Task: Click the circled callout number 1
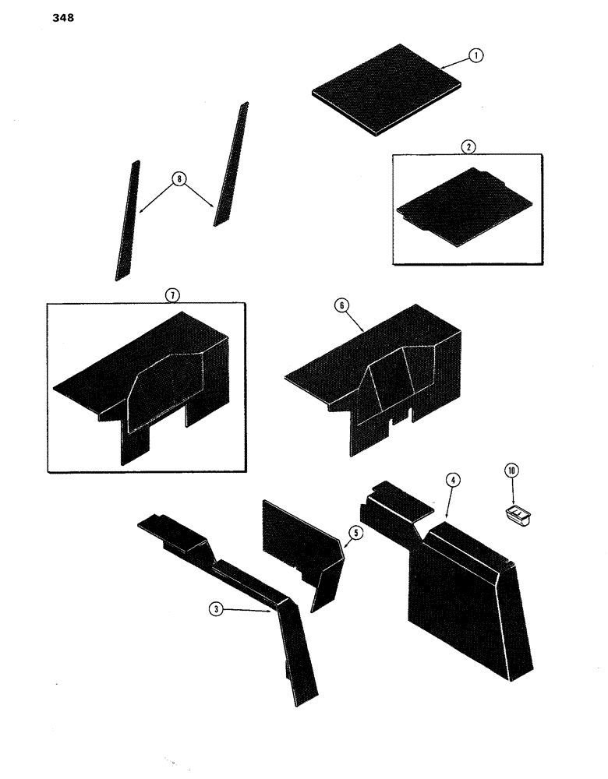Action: coord(476,56)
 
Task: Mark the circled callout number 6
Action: coord(340,308)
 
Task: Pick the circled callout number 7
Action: coord(172,294)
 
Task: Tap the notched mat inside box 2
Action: coord(461,205)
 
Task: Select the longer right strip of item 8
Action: coord(231,164)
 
